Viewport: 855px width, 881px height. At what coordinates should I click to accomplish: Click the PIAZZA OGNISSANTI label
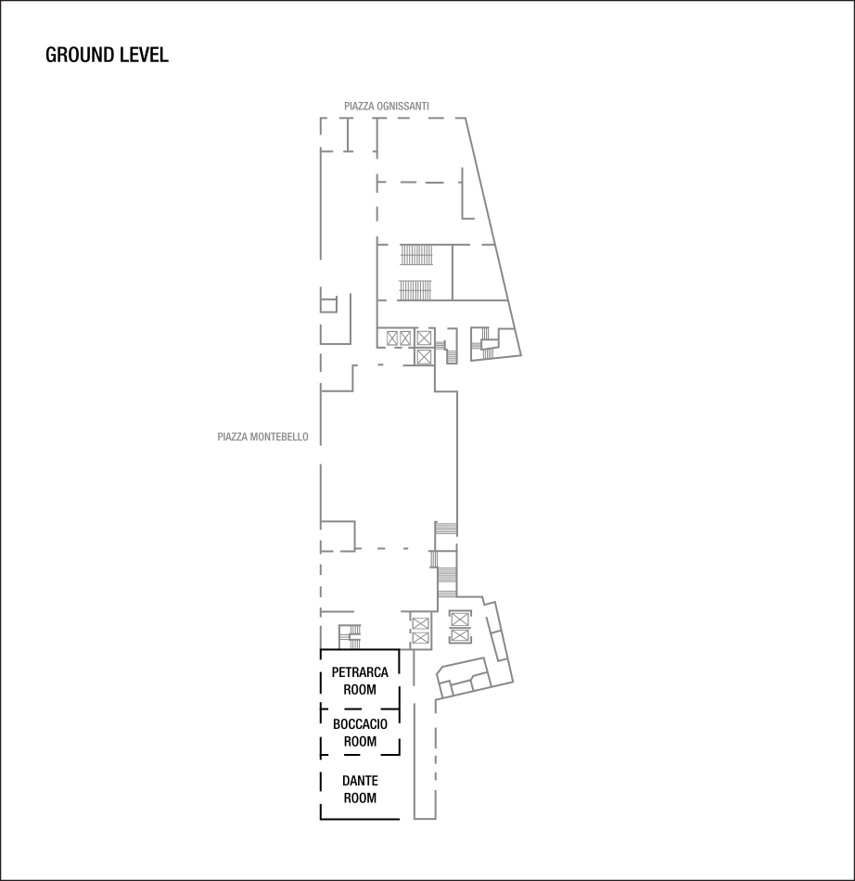coord(386,107)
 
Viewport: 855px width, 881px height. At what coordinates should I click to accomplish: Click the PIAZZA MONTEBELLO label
coord(262,437)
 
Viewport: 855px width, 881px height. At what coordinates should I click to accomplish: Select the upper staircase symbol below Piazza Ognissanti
coord(416,254)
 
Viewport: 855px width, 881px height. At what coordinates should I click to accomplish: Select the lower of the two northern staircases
coord(416,290)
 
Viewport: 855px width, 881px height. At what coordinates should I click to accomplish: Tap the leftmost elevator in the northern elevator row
coord(392,338)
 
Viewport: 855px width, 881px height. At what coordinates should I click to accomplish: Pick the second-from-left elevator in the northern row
coord(405,338)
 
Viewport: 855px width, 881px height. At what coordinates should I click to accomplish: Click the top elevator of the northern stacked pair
coord(424,338)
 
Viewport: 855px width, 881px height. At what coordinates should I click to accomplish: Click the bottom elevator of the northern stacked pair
coord(424,356)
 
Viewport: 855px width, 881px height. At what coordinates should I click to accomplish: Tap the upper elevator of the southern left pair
coord(420,622)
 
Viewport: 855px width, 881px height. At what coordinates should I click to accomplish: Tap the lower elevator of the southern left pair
coord(420,638)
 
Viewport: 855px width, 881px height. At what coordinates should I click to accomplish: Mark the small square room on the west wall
coord(327,304)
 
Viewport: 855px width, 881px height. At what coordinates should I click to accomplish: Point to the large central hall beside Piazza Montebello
coord(389,454)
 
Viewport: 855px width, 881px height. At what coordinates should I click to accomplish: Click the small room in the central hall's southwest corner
coord(338,536)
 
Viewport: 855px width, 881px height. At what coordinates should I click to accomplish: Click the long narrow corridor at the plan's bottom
coord(424,760)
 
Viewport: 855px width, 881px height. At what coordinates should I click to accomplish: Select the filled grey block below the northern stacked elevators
coord(452,357)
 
